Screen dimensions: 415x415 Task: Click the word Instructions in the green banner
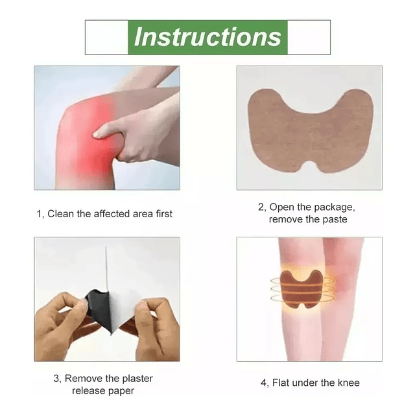click(x=207, y=37)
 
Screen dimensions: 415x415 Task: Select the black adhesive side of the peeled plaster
click(x=97, y=307)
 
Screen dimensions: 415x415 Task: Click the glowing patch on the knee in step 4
click(x=302, y=289)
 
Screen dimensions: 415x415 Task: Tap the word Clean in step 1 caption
click(x=60, y=213)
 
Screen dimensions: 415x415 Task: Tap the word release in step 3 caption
click(x=88, y=390)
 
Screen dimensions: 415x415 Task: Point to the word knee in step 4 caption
click(x=349, y=383)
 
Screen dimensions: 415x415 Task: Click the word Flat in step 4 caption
click(x=281, y=383)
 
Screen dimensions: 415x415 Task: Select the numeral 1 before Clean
click(x=39, y=214)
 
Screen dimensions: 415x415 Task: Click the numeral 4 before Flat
click(x=263, y=383)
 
